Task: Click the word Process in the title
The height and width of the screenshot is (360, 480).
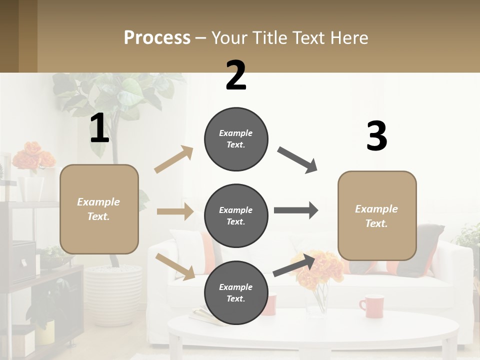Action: click(157, 37)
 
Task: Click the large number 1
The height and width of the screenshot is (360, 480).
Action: click(99, 128)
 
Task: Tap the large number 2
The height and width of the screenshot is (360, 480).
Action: click(236, 75)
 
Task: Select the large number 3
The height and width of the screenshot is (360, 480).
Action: click(376, 136)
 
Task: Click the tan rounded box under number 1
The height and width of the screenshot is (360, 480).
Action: click(99, 209)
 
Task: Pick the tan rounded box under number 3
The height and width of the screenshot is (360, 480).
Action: click(377, 215)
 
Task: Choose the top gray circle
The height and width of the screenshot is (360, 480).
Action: click(236, 139)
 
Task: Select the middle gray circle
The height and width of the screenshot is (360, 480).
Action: click(236, 215)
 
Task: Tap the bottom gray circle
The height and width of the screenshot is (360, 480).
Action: click(236, 292)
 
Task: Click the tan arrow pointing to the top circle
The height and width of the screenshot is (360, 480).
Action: click(174, 159)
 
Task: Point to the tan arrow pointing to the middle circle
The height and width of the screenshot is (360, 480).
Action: click(174, 211)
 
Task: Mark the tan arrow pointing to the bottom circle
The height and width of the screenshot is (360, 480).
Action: click(175, 266)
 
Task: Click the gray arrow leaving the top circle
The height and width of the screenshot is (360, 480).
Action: click(297, 159)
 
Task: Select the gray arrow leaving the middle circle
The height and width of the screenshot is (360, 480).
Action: click(295, 210)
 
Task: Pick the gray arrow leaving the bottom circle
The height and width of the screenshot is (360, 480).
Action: click(295, 265)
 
